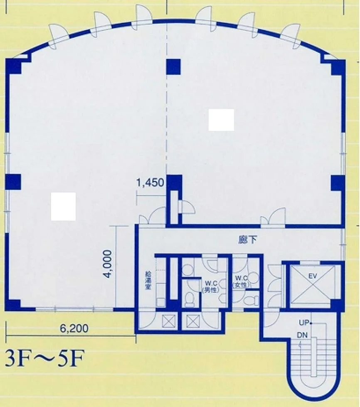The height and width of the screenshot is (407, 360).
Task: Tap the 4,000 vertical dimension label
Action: (108, 264)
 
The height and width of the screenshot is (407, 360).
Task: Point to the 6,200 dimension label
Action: (74, 329)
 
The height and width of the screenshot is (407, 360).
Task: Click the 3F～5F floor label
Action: (44, 358)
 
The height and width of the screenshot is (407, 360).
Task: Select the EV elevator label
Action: (313, 276)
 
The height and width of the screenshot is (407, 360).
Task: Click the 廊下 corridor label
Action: (247, 240)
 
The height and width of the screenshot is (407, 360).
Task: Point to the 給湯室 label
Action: (148, 281)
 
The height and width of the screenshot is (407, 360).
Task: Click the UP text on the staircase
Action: (303, 323)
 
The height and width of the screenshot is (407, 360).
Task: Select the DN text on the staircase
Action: (302, 336)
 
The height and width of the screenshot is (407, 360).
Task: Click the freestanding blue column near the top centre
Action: (173, 66)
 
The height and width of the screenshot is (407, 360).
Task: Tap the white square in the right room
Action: (221, 120)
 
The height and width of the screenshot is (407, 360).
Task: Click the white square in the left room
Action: (63, 206)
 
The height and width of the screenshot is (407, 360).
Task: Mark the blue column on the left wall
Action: (13, 182)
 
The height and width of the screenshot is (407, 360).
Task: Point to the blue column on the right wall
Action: (338, 183)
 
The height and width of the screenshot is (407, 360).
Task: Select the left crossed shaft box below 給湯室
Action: (169, 321)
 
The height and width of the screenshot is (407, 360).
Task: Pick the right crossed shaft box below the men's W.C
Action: (193, 321)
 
